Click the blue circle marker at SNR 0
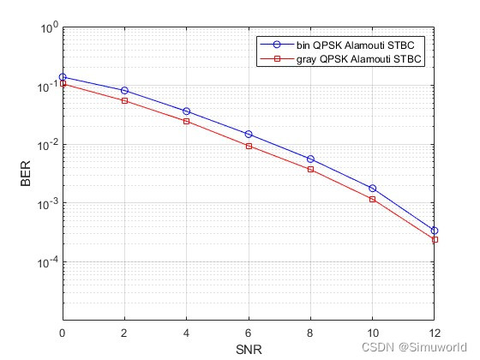pyautogui.click(x=63, y=77)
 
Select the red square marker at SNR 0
pyautogui.click(x=63, y=84)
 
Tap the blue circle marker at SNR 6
pyautogui.click(x=249, y=134)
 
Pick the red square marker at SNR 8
pyautogui.click(x=310, y=169)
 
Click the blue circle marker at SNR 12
pyautogui.click(x=435, y=231)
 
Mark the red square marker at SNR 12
pyautogui.click(x=435, y=239)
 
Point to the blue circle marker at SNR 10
pyautogui.click(x=372, y=188)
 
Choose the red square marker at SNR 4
pyautogui.click(x=186, y=121)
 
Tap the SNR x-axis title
pyautogui.click(x=249, y=349)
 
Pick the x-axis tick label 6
pyautogui.click(x=249, y=333)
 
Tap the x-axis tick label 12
pyautogui.click(x=434, y=333)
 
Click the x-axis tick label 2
pyautogui.click(x=124, y=333)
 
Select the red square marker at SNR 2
pyautogui.click(x=124, y=100)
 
